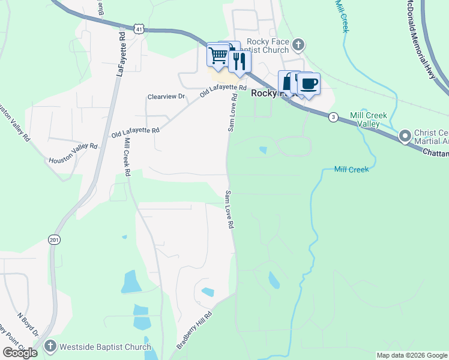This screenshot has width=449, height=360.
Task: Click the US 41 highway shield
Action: (139, 29)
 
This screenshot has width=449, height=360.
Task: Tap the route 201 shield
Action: (55, 239)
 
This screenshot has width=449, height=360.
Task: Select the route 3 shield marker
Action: (333, 118)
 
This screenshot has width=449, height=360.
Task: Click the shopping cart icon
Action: (217, 55)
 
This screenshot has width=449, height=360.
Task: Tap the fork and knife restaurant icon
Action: (240, 61)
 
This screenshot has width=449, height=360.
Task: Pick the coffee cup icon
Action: (309, 83)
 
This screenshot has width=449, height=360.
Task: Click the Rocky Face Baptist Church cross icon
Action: (298, 44)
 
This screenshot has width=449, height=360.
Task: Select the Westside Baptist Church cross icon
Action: (50, 346)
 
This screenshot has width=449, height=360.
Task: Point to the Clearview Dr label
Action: (167, 97)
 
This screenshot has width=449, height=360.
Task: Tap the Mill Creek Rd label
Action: (127, 157)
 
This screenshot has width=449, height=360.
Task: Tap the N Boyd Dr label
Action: (28, 325)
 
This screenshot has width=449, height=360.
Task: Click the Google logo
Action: (20, 352)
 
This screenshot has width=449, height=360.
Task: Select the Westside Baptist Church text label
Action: (105, 347)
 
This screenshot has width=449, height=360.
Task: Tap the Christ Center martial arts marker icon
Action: (405, 136)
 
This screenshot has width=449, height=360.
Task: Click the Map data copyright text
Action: (411, 355)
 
